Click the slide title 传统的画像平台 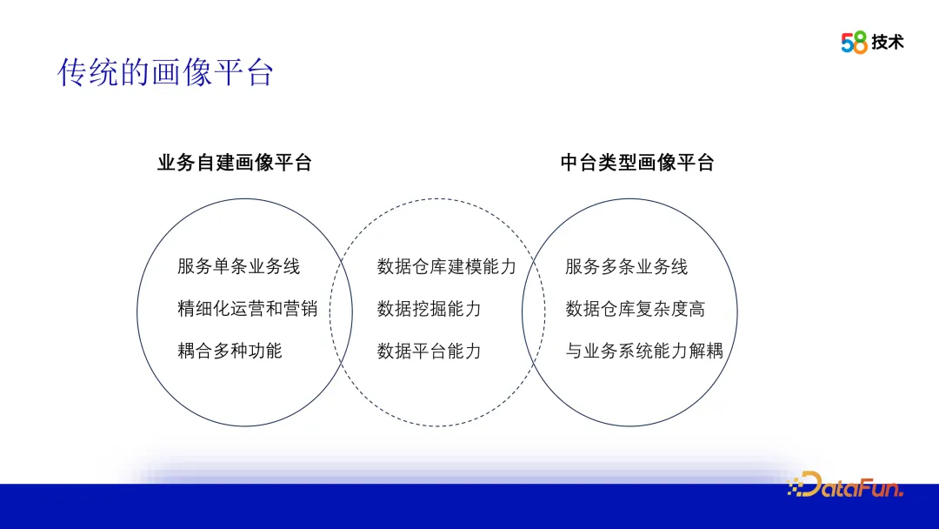point(165,73)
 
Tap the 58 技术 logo point(872,42)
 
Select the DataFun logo point(846,485)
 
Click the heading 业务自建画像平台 point(234,163)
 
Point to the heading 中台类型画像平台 point(637,163)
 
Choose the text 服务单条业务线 point(238,266)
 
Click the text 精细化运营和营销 point(248,308)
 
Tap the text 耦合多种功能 point(230,351)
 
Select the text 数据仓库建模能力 point(446,266)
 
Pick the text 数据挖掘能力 point(429,308)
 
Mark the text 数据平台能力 point(429,351)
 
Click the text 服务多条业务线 point(626,266)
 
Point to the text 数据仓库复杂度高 point(635,308)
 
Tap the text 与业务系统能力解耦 point(644,351)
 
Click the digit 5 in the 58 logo point(848,43)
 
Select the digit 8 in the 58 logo point(861,43)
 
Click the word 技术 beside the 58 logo point(888,42)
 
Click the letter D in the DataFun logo point(809,485)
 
